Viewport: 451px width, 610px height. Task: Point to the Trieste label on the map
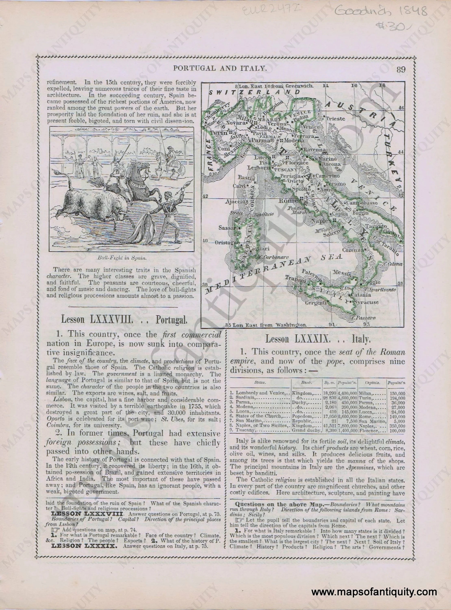tap(335, 119)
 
